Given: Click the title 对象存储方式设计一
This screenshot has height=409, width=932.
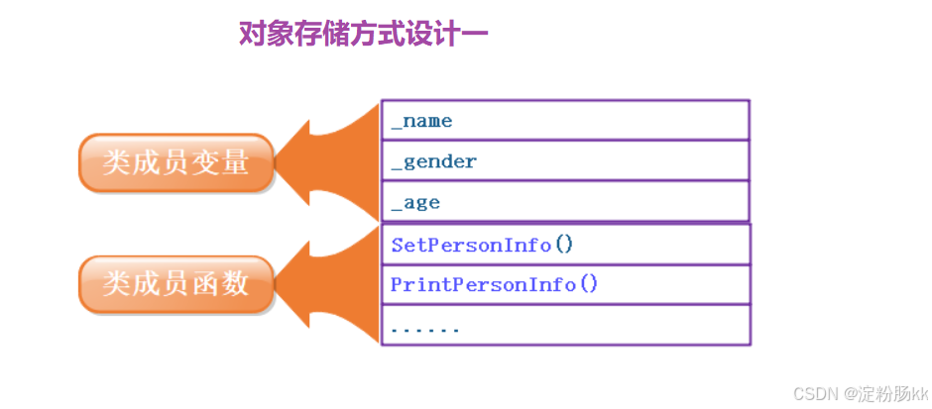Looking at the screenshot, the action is (363, 35).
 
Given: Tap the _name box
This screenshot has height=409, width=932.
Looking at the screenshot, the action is (565, 121).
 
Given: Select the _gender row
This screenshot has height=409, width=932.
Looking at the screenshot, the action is (565, 161).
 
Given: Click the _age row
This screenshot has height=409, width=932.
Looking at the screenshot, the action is (565, 202).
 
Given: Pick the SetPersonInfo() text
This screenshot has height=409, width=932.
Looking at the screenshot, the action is (482, 245).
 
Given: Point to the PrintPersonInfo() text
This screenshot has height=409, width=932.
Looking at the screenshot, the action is (495, 285).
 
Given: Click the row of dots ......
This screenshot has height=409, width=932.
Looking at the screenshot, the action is (425, 327).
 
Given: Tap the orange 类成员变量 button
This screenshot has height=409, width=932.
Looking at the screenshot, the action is (175, 162).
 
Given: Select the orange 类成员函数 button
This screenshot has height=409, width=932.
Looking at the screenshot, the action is (175, 284).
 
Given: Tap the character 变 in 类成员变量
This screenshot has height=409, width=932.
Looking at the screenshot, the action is (207, 162).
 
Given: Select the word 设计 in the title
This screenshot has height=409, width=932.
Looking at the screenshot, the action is (438, 35).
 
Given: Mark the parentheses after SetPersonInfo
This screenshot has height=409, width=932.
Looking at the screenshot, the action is (564, 245).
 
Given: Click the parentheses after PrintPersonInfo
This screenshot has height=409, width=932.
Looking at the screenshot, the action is (589, 285).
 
